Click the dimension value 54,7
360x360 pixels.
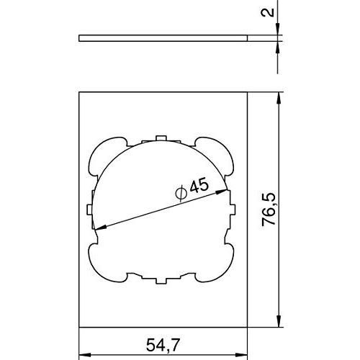[163, 345]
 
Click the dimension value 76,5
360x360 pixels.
[269, 210]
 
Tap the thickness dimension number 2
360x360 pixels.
[267, 12]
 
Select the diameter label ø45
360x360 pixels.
[192, 189]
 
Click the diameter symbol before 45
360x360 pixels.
[181, 193]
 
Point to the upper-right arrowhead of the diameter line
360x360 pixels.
[222, 192]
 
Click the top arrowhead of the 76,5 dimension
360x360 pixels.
[278, 98]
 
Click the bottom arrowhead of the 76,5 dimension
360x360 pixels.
[278, 321]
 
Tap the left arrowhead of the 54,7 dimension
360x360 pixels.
[85, 355]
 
